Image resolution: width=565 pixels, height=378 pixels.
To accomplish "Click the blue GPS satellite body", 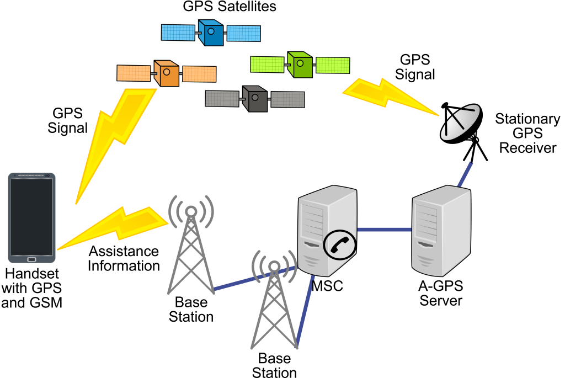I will [x=211, y=33].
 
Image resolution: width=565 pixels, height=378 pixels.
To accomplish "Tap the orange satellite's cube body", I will [x=166, y=73].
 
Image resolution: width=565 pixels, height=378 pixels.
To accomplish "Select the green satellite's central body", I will [x=300, y=65].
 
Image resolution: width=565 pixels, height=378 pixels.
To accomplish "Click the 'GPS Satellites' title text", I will [x=230, y=7].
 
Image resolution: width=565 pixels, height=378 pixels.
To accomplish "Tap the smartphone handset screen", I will [x=32, y=215].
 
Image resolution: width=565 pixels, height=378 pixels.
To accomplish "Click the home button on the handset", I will [x=32, y=259].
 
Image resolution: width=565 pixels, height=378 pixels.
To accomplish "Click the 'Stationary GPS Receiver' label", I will [x=527, y=134].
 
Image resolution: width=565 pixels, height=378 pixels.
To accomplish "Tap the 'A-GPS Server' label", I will [x=441, y=293].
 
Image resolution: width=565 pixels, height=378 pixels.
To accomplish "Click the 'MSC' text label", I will [x=327, y=286].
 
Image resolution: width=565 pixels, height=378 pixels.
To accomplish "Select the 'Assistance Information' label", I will [x=124, y=259].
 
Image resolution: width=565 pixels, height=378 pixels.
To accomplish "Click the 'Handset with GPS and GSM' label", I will [x=31, y=288].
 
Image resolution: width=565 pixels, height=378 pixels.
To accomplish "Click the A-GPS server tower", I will [x=441, y=232].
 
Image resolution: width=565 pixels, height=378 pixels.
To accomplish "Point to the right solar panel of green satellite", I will [x=332, y=65].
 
